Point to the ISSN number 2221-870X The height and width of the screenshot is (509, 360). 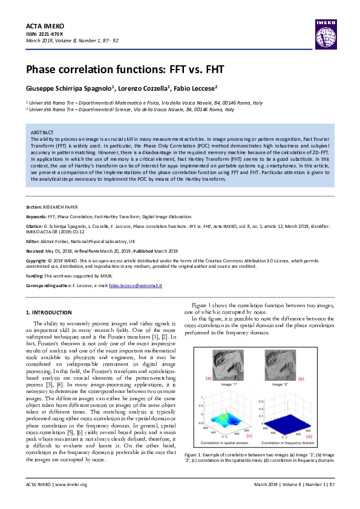tap(51, 34)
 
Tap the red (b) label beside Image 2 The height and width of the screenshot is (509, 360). tap(318, 378)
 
